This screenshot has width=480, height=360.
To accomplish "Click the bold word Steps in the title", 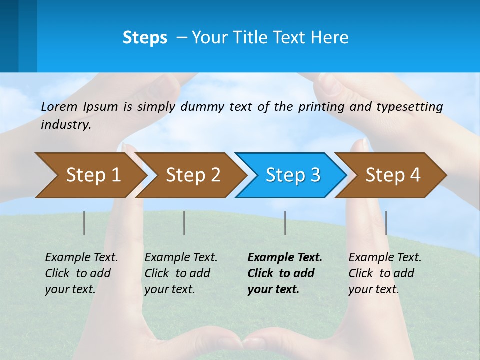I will point(145,38).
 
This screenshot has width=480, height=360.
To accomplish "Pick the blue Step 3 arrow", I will point(292,175).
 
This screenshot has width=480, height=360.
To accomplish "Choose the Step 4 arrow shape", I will point(392,175).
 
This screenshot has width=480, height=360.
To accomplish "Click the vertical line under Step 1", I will point(84,223).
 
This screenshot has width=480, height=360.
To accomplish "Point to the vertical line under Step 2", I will point(184,223).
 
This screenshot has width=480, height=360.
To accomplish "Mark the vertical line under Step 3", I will point(285,223).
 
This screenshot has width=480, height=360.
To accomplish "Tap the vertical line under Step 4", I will point(386,223).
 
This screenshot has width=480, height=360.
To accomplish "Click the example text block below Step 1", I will point(81,273).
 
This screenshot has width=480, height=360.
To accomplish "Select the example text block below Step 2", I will point(181,273).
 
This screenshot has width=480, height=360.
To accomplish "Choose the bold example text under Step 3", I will point(285,273).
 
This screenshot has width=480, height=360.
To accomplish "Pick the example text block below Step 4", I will point(385,273).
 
